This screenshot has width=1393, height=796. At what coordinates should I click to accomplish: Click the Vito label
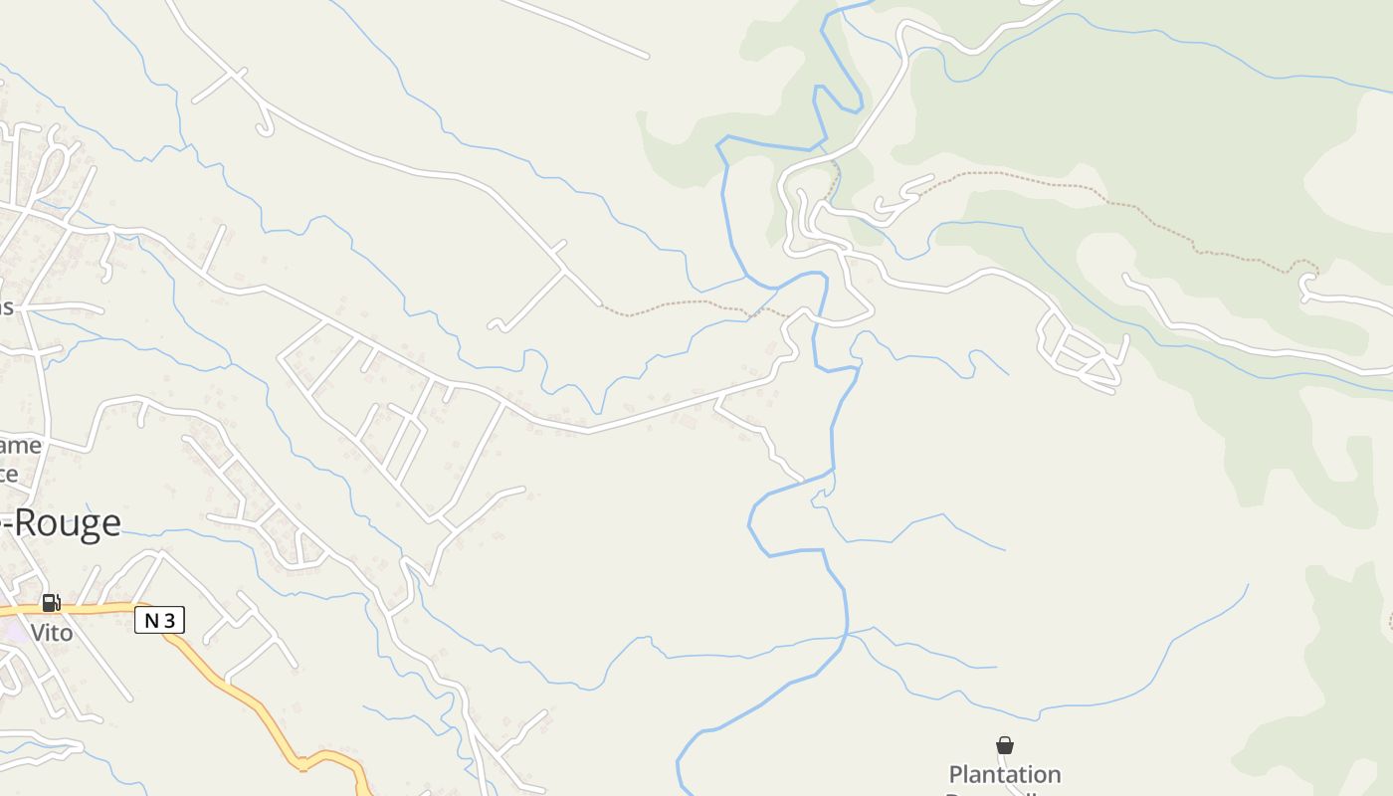(x=51, y=633)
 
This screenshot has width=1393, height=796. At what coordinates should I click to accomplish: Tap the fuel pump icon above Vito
(x=51, y=603)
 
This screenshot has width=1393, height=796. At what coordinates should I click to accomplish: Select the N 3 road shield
(x=159, y=621)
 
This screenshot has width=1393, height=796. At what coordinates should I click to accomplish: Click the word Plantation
(x=1004, y=774)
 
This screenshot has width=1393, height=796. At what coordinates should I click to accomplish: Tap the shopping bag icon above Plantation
(x=1005, y=745)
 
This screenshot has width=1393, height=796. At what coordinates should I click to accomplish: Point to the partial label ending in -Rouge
(x=62, y=523)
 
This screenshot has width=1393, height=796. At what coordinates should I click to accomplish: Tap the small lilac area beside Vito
(x=15, y=633)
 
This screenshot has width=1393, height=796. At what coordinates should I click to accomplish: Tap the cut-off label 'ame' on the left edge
(x=22, y=445)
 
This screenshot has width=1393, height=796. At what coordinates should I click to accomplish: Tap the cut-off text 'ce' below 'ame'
(x=10, y=474)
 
